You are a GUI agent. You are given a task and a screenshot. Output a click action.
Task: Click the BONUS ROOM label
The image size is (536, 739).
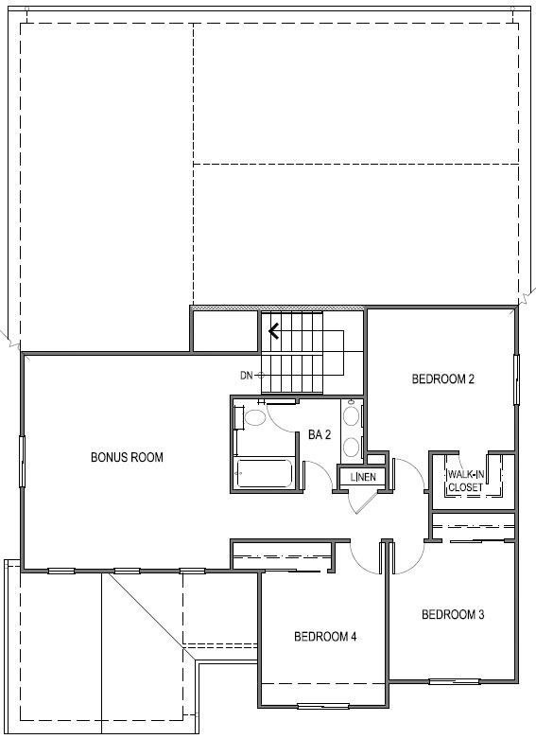click(x=127, y=457)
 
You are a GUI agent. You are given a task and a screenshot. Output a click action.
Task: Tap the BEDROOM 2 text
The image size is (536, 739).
click(x=442, y=378)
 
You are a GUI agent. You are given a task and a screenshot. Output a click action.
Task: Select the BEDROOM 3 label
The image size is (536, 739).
click(x=453, y=614)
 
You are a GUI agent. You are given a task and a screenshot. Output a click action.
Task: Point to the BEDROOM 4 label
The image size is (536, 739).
click(x=325, y=637)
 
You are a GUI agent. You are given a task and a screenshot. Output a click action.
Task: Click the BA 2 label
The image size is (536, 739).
click(x=320, y=434)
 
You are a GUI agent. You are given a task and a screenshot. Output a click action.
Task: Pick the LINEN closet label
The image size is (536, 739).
click(x=363, y=477)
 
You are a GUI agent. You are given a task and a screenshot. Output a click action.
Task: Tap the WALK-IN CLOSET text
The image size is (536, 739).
click(x=466, y=481)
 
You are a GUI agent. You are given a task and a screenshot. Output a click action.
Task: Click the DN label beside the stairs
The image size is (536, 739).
click(x=247, y=376)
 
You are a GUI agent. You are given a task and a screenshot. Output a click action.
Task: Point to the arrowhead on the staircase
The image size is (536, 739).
click(x=273, y=331)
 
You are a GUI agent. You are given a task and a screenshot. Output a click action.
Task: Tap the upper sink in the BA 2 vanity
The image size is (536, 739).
click(x=350, y=416)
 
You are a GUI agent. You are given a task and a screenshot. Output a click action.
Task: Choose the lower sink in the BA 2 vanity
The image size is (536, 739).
click(x=350, y=447)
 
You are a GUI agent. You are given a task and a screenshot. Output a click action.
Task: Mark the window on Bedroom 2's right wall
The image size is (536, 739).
click(x=516, y=379)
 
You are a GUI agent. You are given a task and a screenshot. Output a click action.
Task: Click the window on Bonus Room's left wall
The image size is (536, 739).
click(x=22, y=462)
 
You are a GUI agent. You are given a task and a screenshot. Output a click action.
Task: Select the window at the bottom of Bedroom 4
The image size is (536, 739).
click(x=323, y=706)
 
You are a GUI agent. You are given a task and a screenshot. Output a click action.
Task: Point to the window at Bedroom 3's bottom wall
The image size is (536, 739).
click(x=455, y=681)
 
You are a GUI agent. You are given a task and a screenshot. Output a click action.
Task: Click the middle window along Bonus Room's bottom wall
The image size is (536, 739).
click(x=128, y=572)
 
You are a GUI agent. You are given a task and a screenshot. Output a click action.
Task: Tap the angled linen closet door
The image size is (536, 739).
click(x=366, y=502)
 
